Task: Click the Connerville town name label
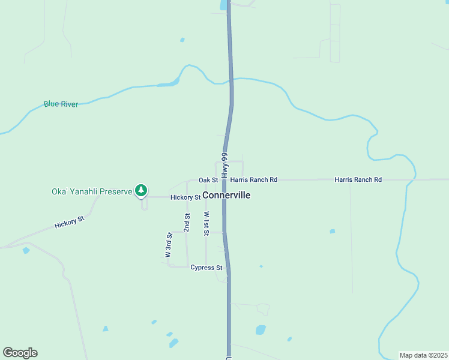pos(226,196)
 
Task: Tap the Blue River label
pos(61,104)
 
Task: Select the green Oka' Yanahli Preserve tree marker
pos(141,191)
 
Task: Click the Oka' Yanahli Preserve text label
pos(91,192)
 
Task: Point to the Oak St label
pos(208,180)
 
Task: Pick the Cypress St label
pos(206,268)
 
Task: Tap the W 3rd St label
pos(169,245)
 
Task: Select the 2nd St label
pos(187,223)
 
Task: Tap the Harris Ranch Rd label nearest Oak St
pos(254,180)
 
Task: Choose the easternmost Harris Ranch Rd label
pos(358,180)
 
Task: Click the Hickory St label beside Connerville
pos(185,197)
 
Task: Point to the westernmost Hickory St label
pos(70,223)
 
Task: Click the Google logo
pos(20,353)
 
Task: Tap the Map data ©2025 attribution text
pos(423,355)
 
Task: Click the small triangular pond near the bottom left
pos(106,329)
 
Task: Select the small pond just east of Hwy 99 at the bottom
pos(261,329)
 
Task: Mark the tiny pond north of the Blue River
pos(182,40)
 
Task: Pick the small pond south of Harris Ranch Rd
pos(332,231)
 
